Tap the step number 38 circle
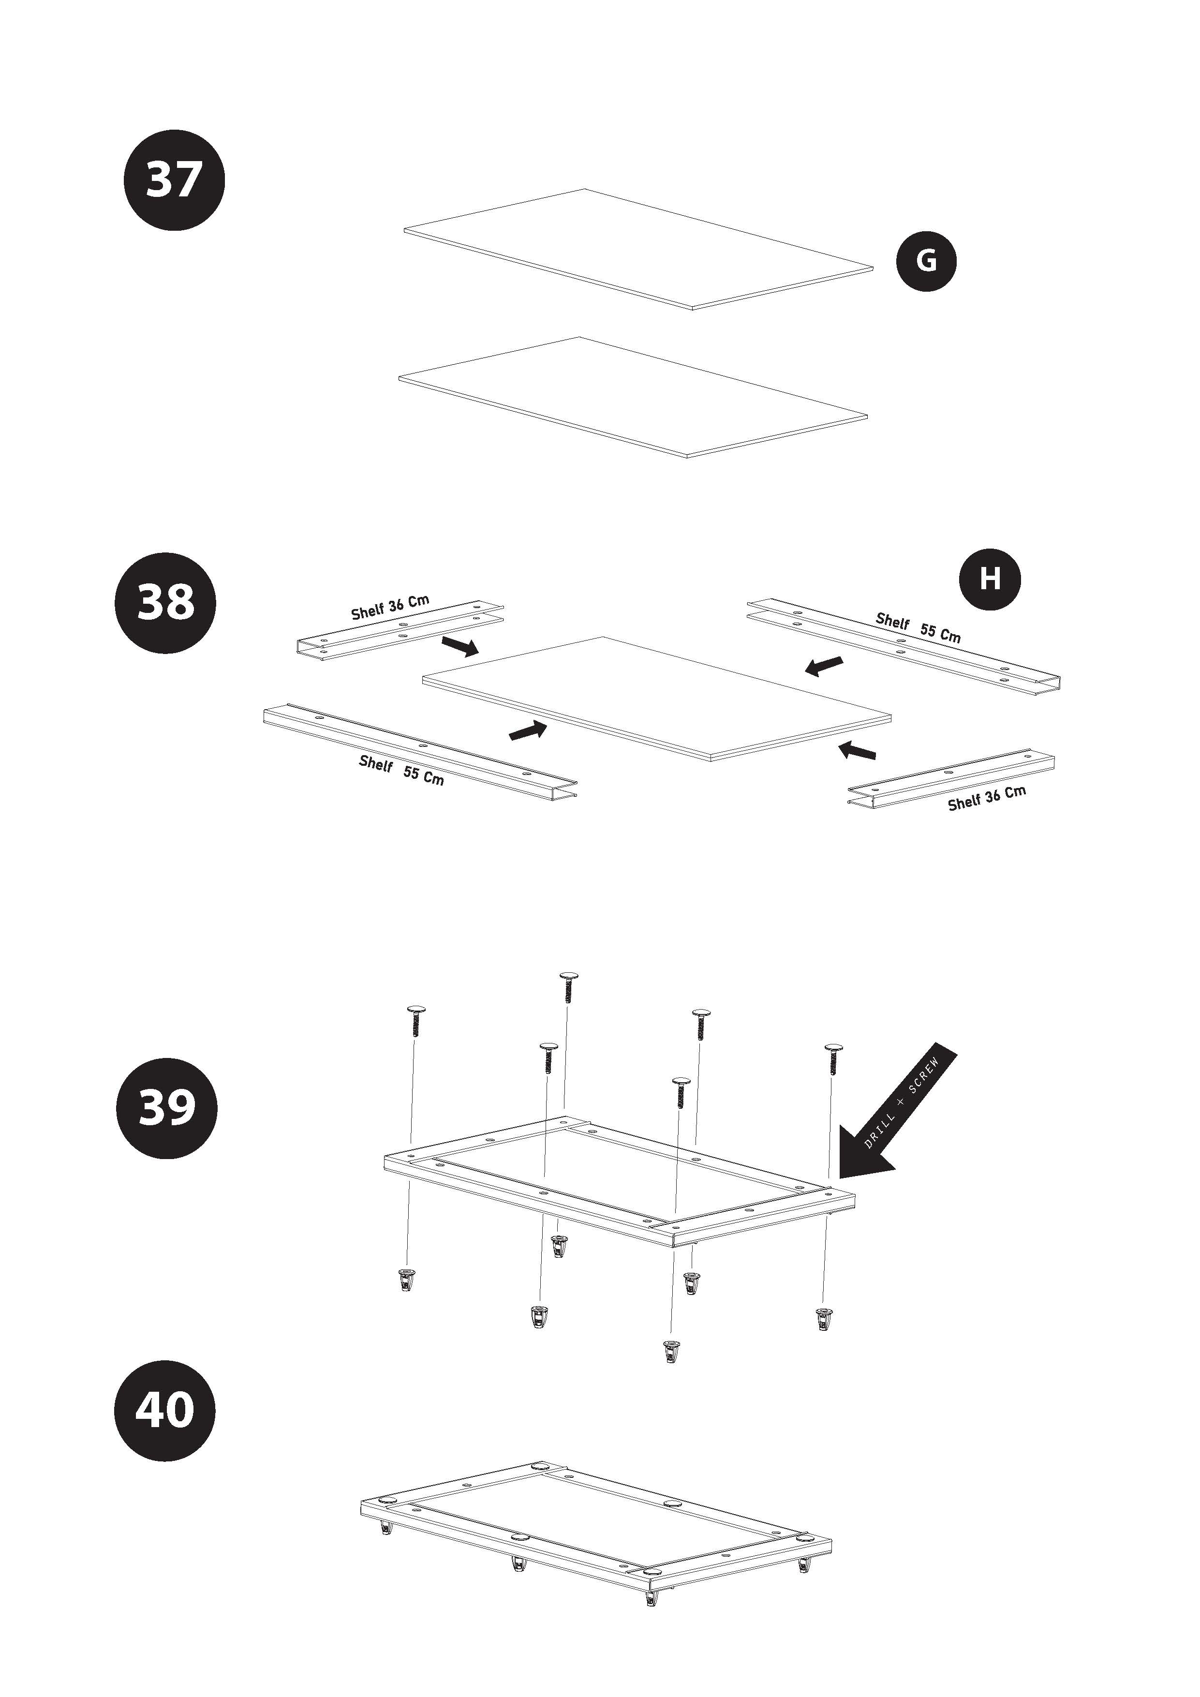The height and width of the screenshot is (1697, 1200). tap(165, 602)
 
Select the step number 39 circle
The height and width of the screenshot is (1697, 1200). tap(167, 1108)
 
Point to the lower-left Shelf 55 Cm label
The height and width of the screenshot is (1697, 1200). tap(401, 770)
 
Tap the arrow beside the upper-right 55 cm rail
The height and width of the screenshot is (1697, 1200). tap(823, 665)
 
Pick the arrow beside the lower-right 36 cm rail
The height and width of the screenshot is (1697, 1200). tap(857, 751)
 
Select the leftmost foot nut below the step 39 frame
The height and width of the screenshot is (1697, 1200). tap(405, 1280)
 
